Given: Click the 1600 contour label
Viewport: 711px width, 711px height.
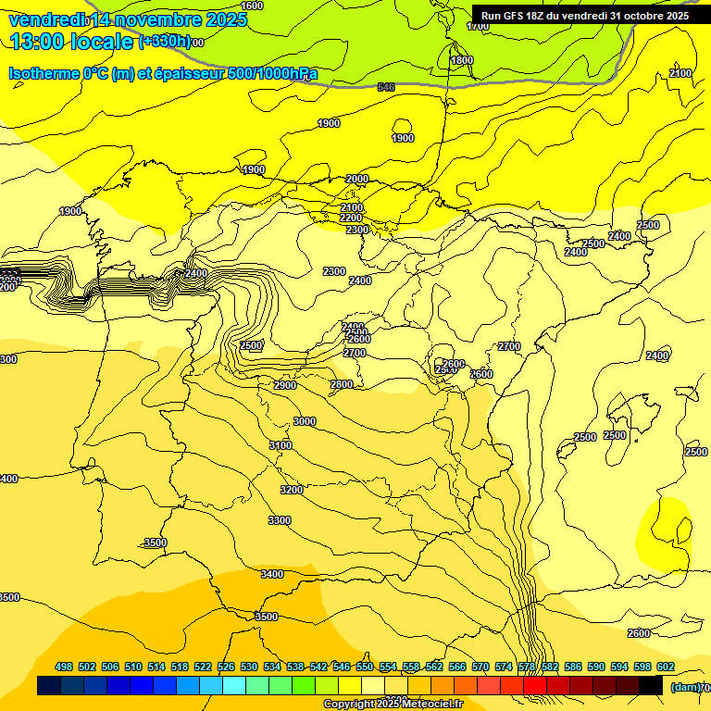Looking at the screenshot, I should (x=252, y=6).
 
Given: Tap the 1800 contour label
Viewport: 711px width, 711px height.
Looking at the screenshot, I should (x=461, y=60).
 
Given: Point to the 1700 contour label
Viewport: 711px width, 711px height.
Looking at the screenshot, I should (x=478, y=27).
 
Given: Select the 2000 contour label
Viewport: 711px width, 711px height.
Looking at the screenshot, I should (x=357, y=179).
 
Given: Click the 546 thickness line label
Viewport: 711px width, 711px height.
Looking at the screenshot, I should (x=386, y=87).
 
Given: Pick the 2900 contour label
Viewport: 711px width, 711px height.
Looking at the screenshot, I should (x=285, y=385).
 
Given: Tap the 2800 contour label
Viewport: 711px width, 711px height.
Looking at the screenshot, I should (x=342, y=384).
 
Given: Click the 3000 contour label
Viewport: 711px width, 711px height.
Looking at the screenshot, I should (x=305, y=421).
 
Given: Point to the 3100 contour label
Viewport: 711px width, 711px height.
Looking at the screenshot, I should (x=281, y=445).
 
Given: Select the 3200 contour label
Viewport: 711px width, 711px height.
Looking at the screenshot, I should (x=292, y=490).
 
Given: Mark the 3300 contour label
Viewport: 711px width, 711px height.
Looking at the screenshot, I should (x=280, y=520).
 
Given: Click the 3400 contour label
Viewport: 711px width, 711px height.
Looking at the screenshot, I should (x=272, y=574).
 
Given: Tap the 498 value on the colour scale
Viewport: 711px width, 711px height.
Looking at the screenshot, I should (x=64, y=667).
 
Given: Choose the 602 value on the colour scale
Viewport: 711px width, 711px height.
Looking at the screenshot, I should (x=666, y=667).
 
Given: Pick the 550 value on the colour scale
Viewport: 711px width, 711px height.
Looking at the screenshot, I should (x=365, y=667).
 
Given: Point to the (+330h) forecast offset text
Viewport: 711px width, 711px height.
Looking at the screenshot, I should (x=165, y=42).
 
